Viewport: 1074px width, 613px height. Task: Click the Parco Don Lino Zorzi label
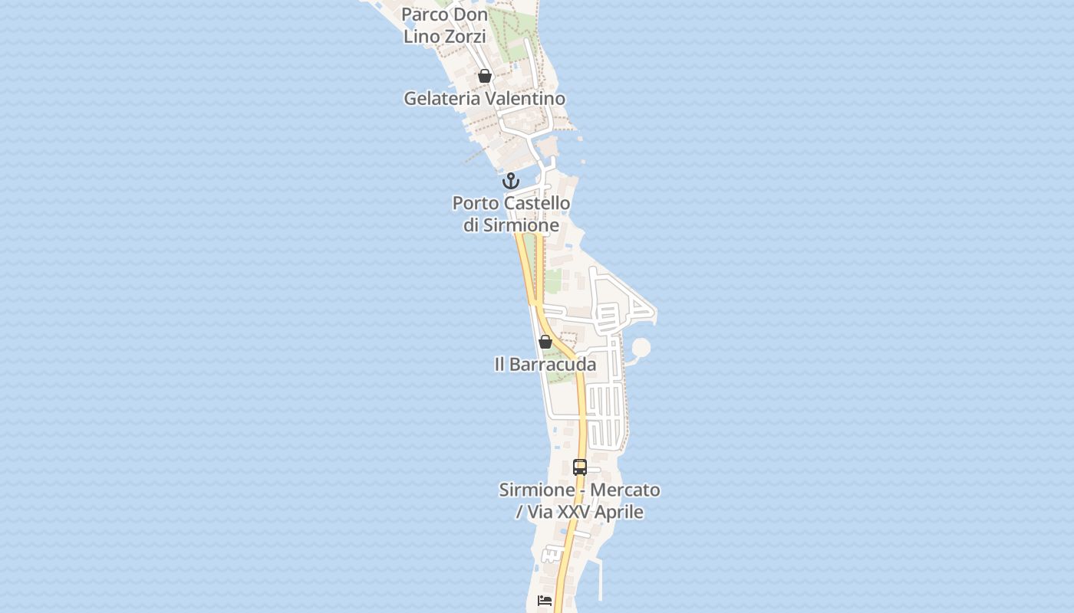445,25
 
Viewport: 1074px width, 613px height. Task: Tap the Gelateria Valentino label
484,99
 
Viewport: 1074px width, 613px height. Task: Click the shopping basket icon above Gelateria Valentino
484,76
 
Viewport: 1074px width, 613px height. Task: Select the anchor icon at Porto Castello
510,181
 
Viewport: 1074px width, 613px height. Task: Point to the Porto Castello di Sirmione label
511,215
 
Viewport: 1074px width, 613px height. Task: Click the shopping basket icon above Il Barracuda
545,342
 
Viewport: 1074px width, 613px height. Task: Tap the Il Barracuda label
545,365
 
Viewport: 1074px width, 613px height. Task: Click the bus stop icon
580,467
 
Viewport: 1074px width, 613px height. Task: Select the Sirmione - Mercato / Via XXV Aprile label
580,501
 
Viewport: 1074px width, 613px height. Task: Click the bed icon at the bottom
545,601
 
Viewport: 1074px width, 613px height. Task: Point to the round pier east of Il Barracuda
641,349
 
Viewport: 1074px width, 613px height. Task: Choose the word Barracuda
554,365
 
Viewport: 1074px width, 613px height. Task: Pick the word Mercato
625,490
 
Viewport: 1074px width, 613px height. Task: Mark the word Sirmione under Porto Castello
520,226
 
